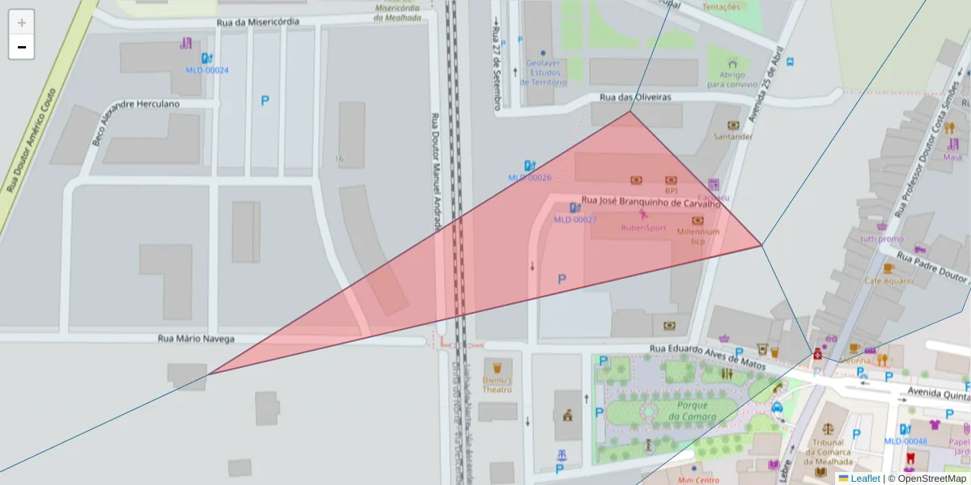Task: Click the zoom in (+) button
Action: click(22, 23)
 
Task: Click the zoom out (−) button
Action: click(22, 47)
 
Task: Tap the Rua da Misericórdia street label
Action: click(257, 22)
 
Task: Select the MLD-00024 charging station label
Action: click(207, 70)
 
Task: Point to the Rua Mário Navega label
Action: click(196, 339)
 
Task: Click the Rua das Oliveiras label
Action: click(635, 97)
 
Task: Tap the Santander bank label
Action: click(733, 137)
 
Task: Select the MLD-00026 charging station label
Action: click(529, 177)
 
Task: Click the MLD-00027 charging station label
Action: click(575, 219)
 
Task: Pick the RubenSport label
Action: click(643, 227)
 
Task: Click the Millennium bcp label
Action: click(698, 235)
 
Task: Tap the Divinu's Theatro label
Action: click(497, 384)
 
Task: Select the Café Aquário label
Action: click(888, 280)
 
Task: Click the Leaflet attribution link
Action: click(865, 479)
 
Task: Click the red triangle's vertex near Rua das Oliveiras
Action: click(630, 112)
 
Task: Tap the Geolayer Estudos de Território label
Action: click(542, 72)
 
